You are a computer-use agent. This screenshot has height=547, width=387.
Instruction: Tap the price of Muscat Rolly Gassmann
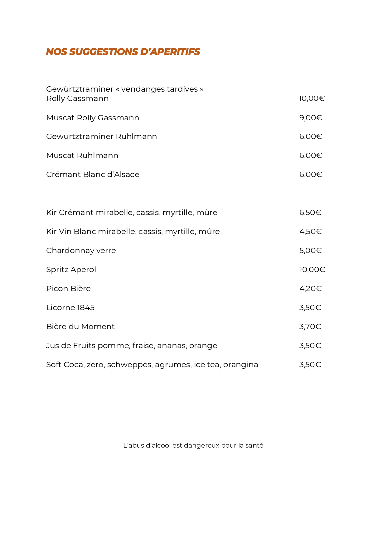310,118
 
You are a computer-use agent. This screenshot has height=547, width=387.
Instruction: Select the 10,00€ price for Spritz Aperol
312,270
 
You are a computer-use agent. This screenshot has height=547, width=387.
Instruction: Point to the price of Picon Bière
310,289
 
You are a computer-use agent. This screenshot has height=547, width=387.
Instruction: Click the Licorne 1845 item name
70,308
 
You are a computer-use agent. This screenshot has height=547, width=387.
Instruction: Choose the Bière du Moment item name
80,327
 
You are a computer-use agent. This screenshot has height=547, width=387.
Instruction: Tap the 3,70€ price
310,327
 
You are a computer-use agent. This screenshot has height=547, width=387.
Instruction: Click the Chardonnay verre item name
81,251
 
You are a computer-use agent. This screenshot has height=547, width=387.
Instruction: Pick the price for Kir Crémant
310,213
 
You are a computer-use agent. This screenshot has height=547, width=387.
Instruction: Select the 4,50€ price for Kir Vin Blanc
310,232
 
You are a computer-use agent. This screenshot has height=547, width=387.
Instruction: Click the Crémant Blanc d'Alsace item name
93,175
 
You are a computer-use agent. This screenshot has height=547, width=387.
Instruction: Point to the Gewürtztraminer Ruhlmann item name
101,137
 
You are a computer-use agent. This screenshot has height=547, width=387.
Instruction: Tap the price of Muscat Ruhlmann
310,156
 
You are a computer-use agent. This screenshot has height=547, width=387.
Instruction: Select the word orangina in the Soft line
240,365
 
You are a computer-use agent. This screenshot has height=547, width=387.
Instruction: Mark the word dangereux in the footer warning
201,445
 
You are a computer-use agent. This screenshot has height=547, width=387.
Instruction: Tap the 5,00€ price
310,251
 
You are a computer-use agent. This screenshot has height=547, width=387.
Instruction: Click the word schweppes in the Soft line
129,365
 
